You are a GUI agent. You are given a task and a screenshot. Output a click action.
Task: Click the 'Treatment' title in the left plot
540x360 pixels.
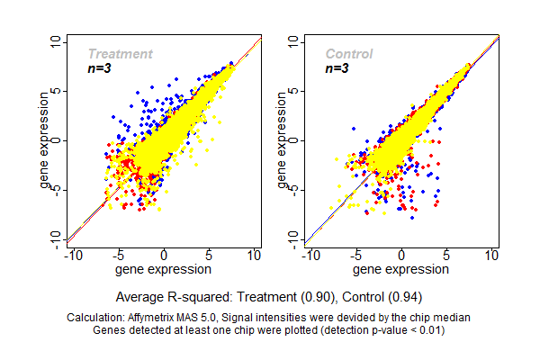(x=120, y=54)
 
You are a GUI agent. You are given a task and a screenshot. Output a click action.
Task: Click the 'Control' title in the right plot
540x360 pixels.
(x=349, y=54)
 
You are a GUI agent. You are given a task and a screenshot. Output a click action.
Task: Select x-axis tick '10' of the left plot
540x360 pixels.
(x=256, y=256)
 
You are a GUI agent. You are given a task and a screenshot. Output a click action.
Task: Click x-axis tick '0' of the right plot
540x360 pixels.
(x=401, y=256)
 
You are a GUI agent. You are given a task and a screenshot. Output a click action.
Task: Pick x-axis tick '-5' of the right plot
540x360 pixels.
(x=356, y=256)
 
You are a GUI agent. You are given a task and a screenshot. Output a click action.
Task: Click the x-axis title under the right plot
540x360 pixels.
(x=401, y=269)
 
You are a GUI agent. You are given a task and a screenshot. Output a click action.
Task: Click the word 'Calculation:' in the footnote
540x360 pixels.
(x=100, y=318)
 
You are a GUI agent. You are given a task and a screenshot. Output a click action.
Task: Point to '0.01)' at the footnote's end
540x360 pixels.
(x=428, y=330)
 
